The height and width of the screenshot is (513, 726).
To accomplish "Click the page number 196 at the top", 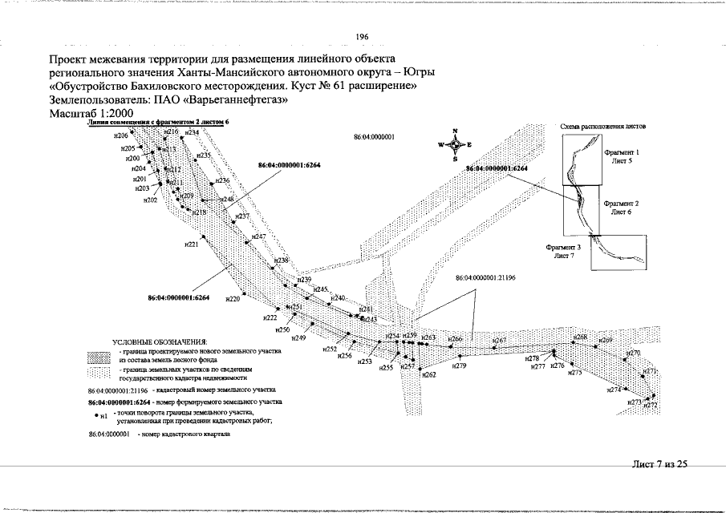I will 361,37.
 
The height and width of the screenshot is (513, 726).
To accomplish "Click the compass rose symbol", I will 454,145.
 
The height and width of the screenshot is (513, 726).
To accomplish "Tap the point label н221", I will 191,244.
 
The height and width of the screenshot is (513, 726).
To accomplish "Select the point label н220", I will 233,298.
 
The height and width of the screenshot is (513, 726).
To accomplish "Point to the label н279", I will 460,366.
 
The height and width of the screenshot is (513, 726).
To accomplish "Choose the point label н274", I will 614,390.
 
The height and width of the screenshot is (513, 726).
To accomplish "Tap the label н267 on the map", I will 499,341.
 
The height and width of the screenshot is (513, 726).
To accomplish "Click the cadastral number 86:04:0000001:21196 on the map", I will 485,277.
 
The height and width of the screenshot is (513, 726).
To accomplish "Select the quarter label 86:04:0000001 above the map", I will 374,138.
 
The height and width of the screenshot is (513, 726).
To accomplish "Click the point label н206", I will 121,136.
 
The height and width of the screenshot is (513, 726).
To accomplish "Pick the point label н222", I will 270,317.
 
